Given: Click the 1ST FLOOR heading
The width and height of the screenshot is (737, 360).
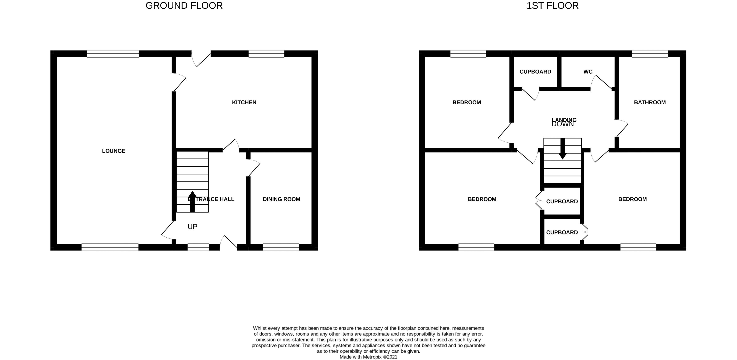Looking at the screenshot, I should (x=552, y=6).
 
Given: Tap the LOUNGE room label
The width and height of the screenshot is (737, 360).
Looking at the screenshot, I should (x=113, y=151).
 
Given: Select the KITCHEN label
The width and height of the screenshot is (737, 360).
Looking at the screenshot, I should (x=244, y=102).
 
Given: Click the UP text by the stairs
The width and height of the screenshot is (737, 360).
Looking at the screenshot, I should (x=192, y=227).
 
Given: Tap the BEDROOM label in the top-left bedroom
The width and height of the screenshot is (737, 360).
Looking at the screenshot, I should (x=467, y=102).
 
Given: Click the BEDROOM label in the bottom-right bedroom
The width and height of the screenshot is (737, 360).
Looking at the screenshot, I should (x=632, y=199).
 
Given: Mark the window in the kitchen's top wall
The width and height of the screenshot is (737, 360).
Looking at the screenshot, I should (x=266, y=53).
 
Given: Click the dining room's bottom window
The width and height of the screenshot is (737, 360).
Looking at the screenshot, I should (x=281, y=247).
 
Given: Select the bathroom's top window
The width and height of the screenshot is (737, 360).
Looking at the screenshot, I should (x=650, y=53).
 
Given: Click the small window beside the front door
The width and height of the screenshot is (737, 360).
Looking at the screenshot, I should (x=198, y=247).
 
